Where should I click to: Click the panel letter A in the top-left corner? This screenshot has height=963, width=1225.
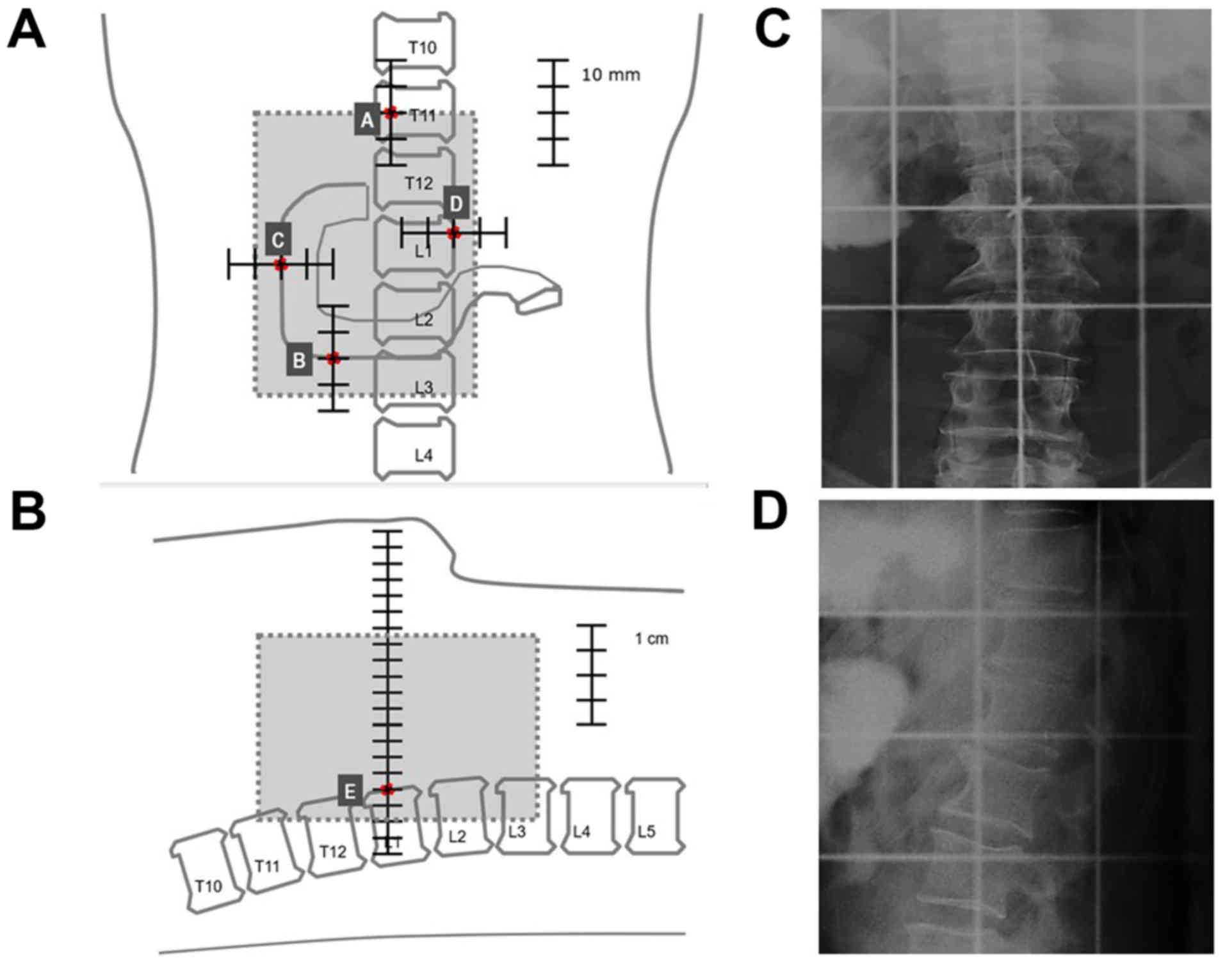point(27,31)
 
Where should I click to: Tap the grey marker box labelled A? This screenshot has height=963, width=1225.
point(367,120)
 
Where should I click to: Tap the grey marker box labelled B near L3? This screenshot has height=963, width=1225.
point(299,360)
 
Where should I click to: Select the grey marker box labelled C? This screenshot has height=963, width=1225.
point(279,239)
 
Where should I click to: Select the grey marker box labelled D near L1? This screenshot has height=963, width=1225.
point(456,203)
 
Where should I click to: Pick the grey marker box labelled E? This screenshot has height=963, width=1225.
point(350,792)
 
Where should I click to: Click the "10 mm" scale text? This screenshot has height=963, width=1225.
point(610,75)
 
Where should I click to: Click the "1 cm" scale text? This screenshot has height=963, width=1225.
point(651,639)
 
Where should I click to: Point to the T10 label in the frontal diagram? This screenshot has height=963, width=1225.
point(423,47)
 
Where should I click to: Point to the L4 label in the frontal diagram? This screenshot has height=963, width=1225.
point(423,455)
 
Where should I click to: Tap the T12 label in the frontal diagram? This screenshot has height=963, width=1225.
point(419,184)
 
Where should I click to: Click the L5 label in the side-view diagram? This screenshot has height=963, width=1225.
point(647,832)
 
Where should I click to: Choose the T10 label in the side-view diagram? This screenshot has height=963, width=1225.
point(209,886)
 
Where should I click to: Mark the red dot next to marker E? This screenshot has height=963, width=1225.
point(387,790)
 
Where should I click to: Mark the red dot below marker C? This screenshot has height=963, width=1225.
point(280,265)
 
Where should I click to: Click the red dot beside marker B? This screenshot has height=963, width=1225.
point(333,358)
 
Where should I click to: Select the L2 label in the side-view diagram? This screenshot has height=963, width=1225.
point(457,836)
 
